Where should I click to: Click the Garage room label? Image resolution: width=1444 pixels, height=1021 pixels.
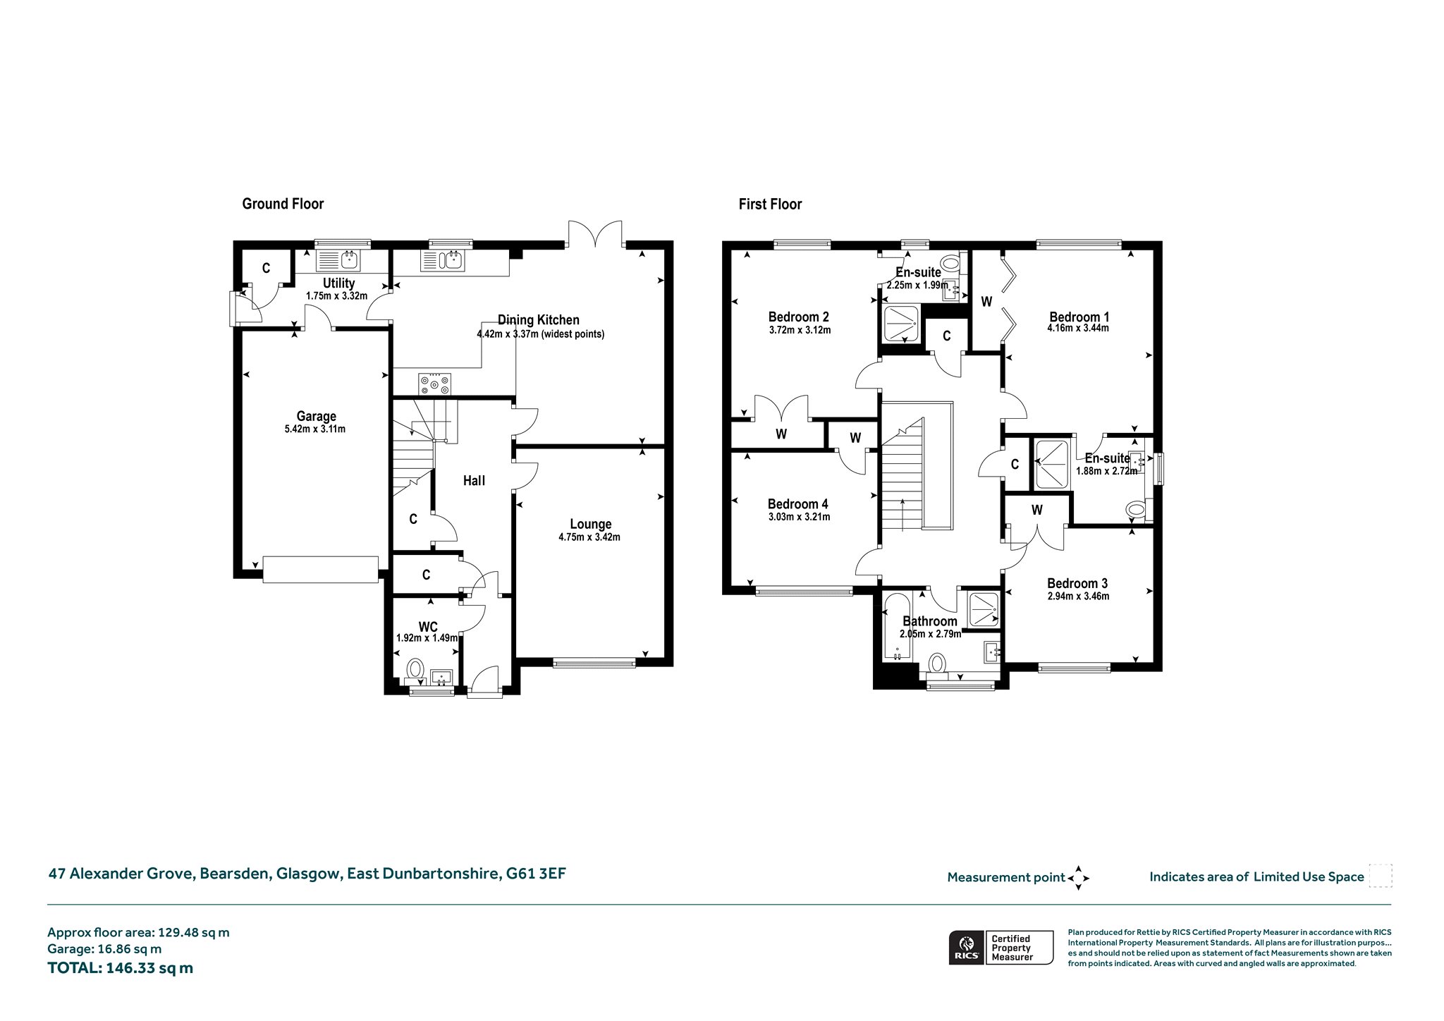coord(316,416)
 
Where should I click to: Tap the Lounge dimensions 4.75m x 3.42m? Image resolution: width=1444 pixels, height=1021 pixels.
coord(589,537)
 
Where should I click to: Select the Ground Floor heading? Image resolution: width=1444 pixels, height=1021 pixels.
coord(283,204)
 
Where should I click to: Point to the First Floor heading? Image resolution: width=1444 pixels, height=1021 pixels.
coord(770,204)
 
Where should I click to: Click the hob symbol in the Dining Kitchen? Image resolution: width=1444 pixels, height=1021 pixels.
coord(435,383)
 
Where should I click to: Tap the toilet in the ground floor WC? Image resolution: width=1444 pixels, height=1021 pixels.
coord(415,671)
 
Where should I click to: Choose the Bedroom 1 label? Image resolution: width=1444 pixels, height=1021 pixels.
coord(1078,317)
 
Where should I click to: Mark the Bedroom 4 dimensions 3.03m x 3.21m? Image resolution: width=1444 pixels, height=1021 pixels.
coord(799,517)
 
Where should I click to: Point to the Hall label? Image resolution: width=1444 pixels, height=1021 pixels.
coord(474,481)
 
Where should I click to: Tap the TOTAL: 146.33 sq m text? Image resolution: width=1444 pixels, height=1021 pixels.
coord(120,967)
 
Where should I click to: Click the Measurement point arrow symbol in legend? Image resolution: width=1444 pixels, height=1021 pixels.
coord(1079,878)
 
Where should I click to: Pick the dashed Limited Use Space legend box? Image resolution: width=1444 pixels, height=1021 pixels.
coord(1381,876)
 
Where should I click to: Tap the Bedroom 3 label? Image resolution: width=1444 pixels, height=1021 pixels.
coord(1077,583)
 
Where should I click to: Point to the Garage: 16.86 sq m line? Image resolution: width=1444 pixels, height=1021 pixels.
coord(104,949)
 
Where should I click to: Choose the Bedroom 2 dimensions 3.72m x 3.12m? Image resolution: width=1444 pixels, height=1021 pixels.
coord(800,330)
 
